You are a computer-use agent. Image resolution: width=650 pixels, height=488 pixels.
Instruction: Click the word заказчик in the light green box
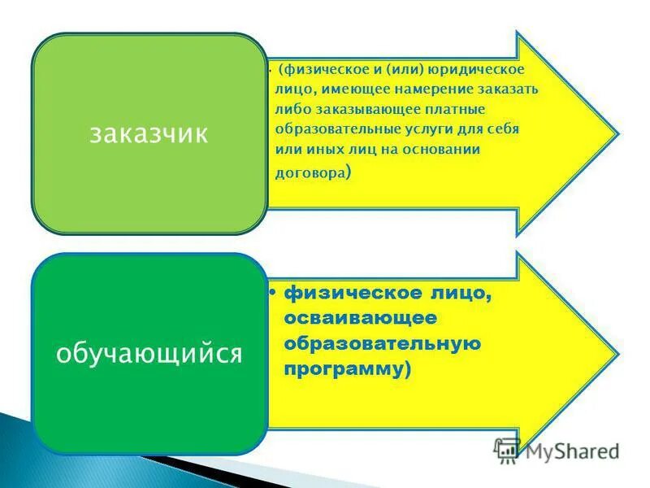pyautogui.click(x=149, y=133)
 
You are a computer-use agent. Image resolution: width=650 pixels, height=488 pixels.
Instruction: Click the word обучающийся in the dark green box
pyautogui.click(x=149, y=353)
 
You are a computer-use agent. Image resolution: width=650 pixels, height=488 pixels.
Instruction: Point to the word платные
pyautogui.click(x=457, y=109)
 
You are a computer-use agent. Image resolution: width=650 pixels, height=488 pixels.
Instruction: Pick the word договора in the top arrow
pyautogui.click(x=309, y=172)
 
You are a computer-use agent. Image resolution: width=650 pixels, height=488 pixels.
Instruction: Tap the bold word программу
pyautogui.click(x=344, y=368)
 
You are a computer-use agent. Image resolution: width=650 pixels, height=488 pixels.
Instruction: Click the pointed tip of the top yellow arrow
pyautogui.click(x=614, y=132)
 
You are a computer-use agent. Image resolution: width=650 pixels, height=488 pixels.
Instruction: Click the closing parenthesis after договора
pyautogui.click(x=349, y=172)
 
